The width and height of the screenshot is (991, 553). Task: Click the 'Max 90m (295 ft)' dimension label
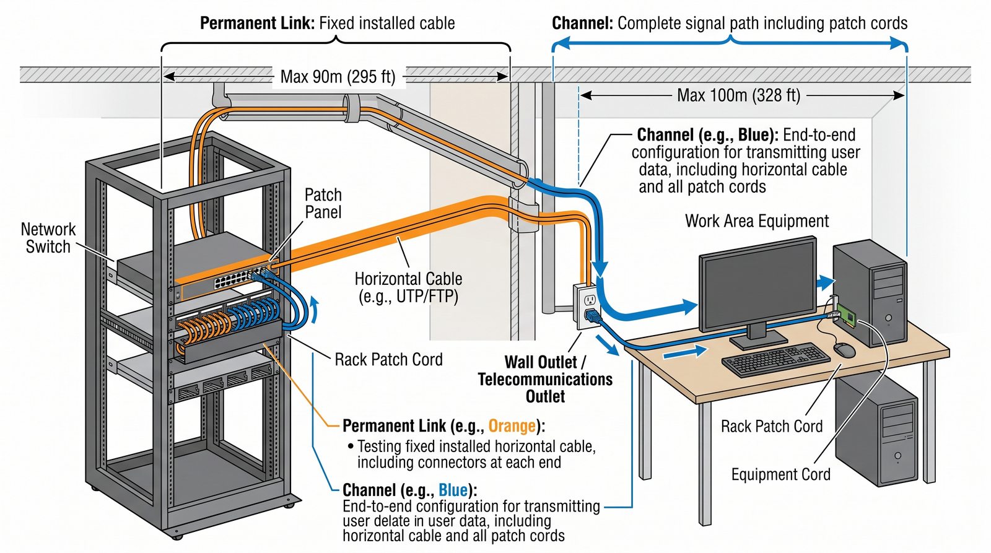338,77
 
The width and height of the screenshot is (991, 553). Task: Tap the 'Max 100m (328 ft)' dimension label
738,95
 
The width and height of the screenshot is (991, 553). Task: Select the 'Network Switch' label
48,238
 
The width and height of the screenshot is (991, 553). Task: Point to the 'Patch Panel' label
323,203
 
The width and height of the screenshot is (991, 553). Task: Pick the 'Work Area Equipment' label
756,221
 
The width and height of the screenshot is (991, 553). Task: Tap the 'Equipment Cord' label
780,474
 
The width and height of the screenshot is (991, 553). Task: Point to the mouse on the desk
844,350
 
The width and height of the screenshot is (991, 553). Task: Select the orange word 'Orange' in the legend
512,426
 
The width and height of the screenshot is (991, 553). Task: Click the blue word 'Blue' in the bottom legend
453,490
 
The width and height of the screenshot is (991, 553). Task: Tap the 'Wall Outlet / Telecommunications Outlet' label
545,379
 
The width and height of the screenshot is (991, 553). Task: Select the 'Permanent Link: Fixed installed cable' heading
327,24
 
